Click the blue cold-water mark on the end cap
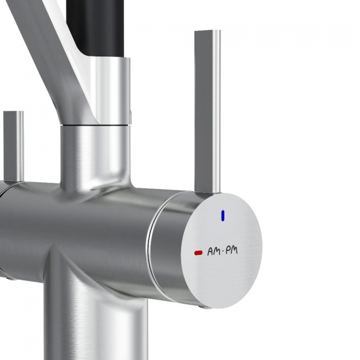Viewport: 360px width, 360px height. [x=223, y=216]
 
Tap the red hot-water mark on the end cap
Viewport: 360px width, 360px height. [x=198, y=253]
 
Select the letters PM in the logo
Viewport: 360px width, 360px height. [x=232, y=250]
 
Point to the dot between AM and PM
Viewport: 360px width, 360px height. [x=222, y=252]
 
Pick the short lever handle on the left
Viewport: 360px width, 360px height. [x=13, y=146]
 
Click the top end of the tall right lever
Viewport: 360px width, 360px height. [x=208, y=31]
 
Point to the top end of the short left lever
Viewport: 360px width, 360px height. [x=13, y=112]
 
